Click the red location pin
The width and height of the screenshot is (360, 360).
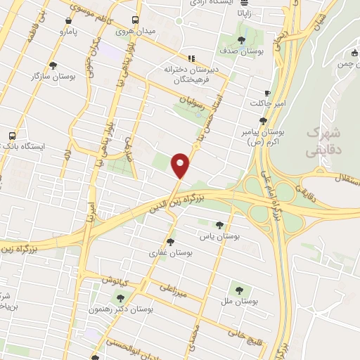pyautogui.click(x=181, y=165)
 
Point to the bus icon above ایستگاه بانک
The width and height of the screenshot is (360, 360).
pyautogui.click(x=12, y=136)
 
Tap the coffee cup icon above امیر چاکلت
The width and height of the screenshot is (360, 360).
pyautogui.click(x=267, y=93)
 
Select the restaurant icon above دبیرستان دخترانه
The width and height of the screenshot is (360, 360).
pyautogui.click(x=190, y=58)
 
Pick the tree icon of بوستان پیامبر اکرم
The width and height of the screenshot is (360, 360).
pyautogui.click(x=262, y=120)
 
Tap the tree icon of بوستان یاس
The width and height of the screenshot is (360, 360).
pyautogui.click(x=219, y=226)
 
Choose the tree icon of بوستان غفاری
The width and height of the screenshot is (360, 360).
pyautogui.click(x=169, y=241)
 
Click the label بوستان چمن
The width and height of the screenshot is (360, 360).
pyautogui.click(x=342, y=63)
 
